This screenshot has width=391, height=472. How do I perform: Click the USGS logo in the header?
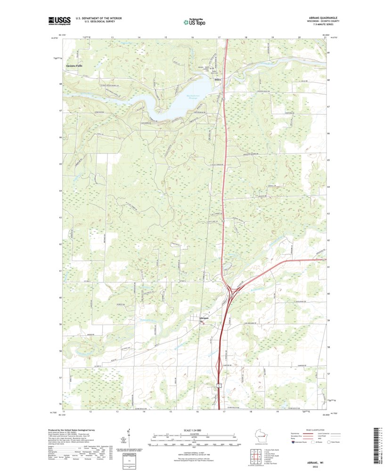coord(59,20)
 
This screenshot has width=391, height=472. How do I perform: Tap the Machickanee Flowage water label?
coord(190,98)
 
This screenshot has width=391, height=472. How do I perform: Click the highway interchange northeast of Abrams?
coord(232,293)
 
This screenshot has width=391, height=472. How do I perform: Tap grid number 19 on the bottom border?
coord(278,411)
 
